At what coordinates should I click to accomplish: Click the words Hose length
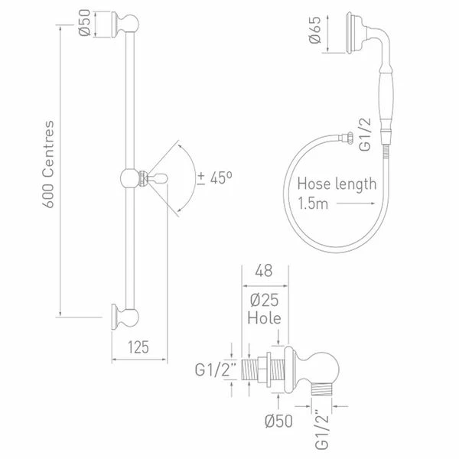click(337, 184)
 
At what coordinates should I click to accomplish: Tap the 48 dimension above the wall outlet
click(265, 269)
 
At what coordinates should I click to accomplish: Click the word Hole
click(265, 317)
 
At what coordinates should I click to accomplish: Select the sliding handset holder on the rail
click(136, 177)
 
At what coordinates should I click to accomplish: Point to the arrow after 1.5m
click(355, 205)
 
